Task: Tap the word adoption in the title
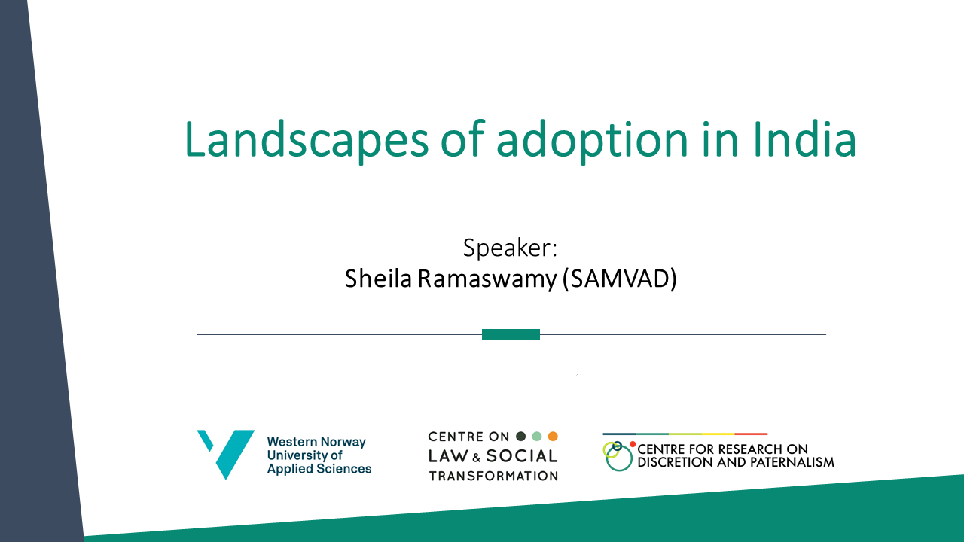593,141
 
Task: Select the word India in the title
805,139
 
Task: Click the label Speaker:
510,248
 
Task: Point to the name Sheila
378,279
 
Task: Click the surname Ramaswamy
487,279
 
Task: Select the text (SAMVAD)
620,279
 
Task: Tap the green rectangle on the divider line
511,334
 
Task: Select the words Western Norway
316,442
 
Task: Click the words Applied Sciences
319,469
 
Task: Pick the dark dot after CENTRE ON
520,437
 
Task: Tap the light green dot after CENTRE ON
537,437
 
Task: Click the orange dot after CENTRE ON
553,437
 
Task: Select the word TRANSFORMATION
493,477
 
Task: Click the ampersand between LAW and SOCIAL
477,458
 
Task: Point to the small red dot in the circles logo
633,444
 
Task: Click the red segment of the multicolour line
751,434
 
